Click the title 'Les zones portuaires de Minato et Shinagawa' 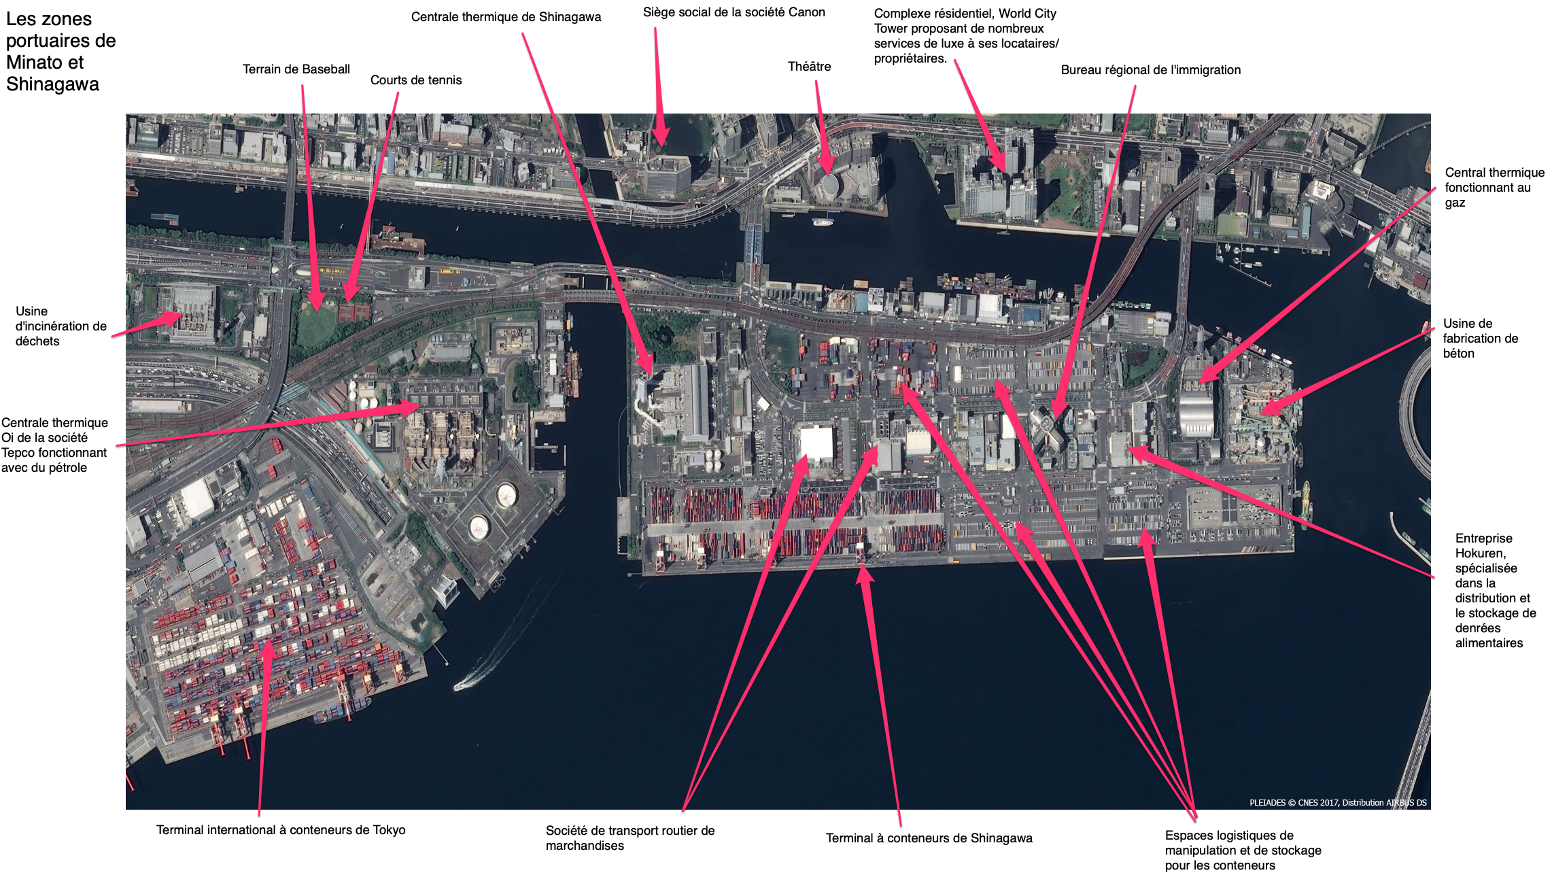coord(61,52)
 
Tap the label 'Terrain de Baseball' coord(296,69)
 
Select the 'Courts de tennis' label coord(416,80)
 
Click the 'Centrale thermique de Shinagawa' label coord(506,17)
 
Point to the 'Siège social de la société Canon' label coord(734,12)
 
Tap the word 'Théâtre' coord(809,67)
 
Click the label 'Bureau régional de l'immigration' coord(1151,70)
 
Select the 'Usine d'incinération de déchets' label coord(61,326)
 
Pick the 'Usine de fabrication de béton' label coord(1481,339)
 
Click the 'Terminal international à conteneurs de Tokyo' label coord(281,830)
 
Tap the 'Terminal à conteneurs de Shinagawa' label coord(929,838)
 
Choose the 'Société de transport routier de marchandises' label coord(630,838)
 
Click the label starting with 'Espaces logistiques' coord(1243,850)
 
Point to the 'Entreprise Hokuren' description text coord(1496,591)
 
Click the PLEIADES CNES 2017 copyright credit coord(1338,803)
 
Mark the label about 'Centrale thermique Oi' coord(54,445)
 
